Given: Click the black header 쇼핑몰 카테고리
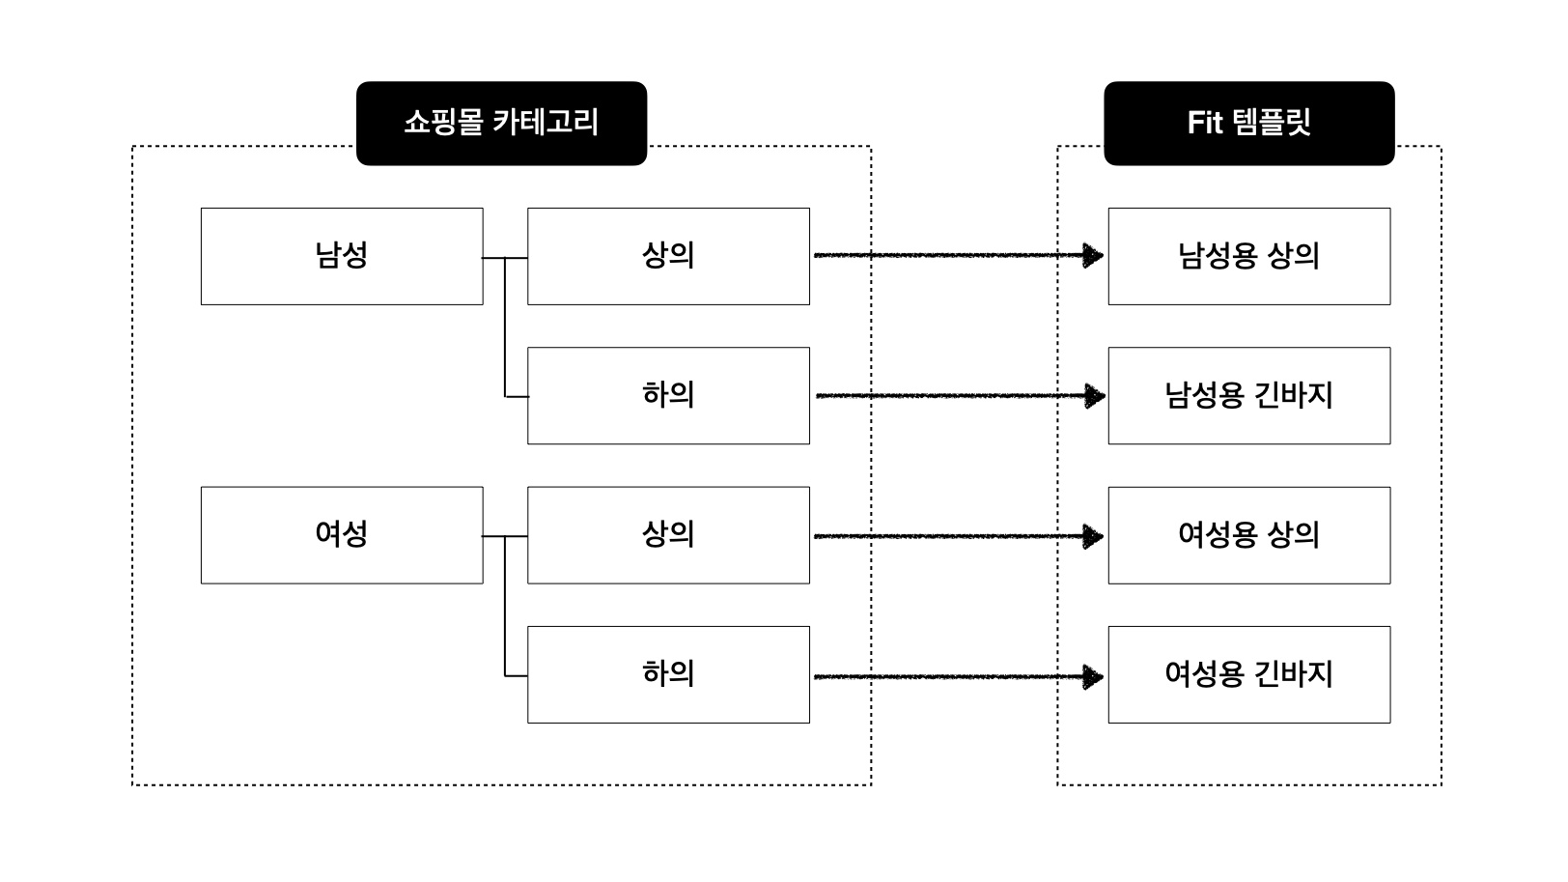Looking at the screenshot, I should click(501, 123).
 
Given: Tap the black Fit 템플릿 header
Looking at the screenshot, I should click(1248, 123).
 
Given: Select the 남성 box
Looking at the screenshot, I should click(342, 256).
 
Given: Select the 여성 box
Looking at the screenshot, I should click(342, 534).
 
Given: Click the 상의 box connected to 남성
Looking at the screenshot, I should click(668, 256).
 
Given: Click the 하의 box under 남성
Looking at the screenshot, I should click(668, 395).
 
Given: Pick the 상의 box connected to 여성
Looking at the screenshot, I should click(668, 534).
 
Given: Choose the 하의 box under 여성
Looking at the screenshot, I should click(668, 673).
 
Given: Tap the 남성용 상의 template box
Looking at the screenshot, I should click(1248, 256).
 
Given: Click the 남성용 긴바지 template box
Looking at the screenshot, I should click(1248, 395).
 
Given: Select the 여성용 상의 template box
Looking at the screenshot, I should click(1248, 534).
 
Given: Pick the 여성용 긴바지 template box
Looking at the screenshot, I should click(1248, 673).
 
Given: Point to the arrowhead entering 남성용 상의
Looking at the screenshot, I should click(1093, 256).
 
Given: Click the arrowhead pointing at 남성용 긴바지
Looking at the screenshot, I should click(1095, 396).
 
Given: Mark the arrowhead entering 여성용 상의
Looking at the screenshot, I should click(1093, 536).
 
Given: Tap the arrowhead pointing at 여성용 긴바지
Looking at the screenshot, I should click(1093, 677).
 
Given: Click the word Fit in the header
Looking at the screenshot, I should click(1205, 123).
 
